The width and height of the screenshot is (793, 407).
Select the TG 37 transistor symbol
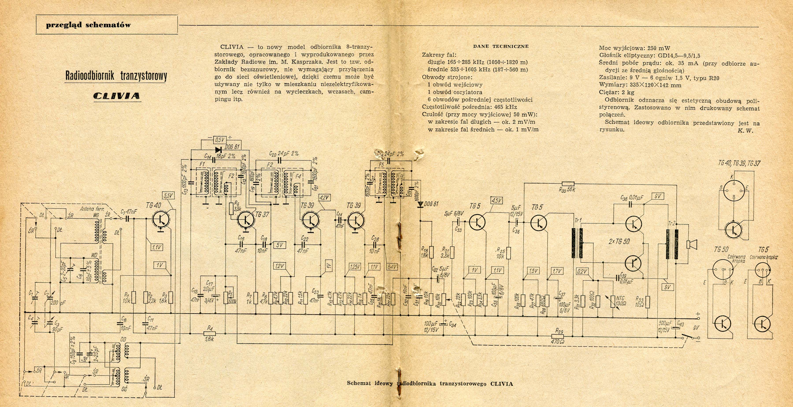point(246,219)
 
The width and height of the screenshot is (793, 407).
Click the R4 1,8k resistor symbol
point(210,333)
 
